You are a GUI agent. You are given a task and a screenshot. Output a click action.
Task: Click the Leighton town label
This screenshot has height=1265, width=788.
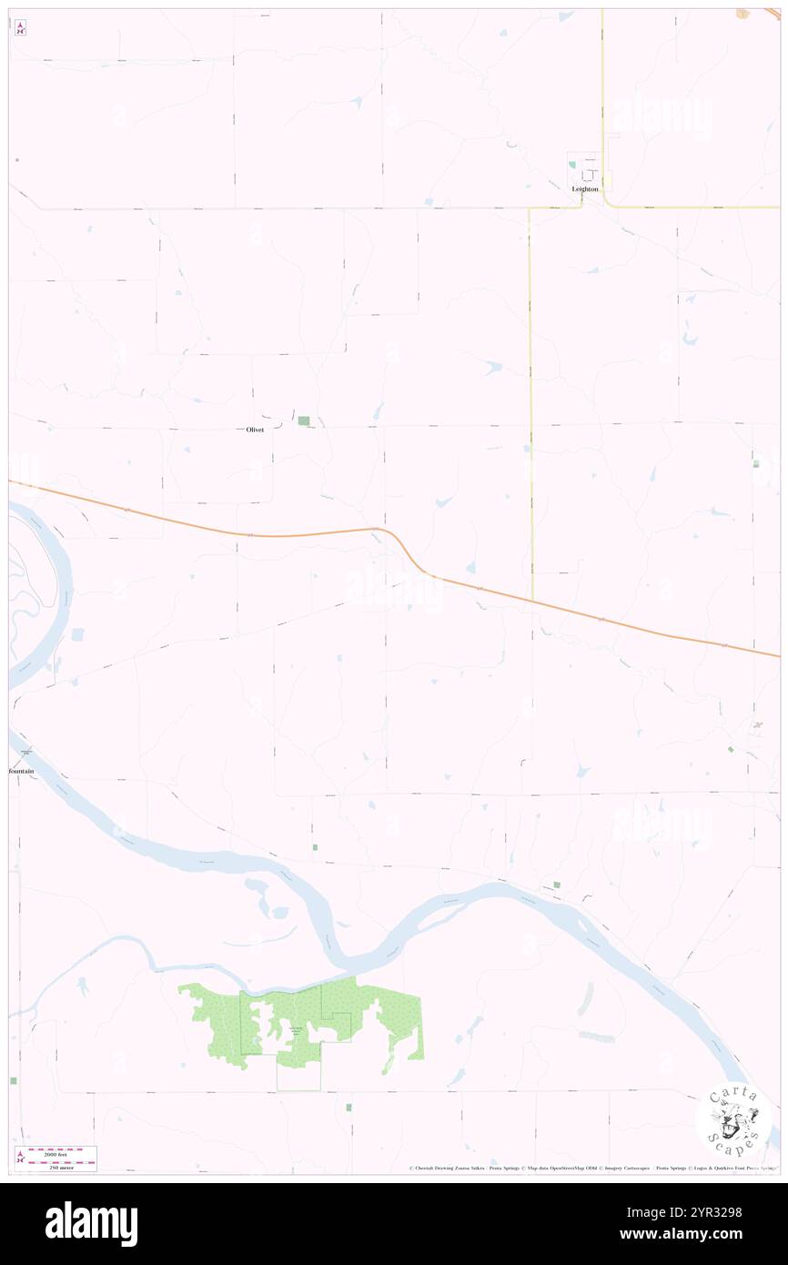point(585,189)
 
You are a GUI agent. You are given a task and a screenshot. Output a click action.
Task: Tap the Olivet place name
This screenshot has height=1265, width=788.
point(255,430)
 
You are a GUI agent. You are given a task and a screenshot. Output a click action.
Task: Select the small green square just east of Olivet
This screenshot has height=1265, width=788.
point(304,420)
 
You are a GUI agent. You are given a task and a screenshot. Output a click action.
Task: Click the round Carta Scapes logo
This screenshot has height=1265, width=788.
point(733,1120)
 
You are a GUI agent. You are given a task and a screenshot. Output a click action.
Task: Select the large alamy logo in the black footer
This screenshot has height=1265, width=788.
point(91,1224)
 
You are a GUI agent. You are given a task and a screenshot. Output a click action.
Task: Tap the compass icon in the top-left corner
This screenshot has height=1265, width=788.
point(20,27)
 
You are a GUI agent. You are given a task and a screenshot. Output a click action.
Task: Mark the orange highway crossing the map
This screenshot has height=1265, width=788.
point(273,535)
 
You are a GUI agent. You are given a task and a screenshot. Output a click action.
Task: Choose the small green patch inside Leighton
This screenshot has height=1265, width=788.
point(572,165)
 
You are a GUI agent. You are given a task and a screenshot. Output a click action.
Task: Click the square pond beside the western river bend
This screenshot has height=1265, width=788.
point(76,633)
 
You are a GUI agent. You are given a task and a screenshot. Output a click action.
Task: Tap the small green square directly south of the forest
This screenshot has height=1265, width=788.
point(348,1107)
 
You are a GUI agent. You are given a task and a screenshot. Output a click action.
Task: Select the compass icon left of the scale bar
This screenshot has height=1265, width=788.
point(19,1158)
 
